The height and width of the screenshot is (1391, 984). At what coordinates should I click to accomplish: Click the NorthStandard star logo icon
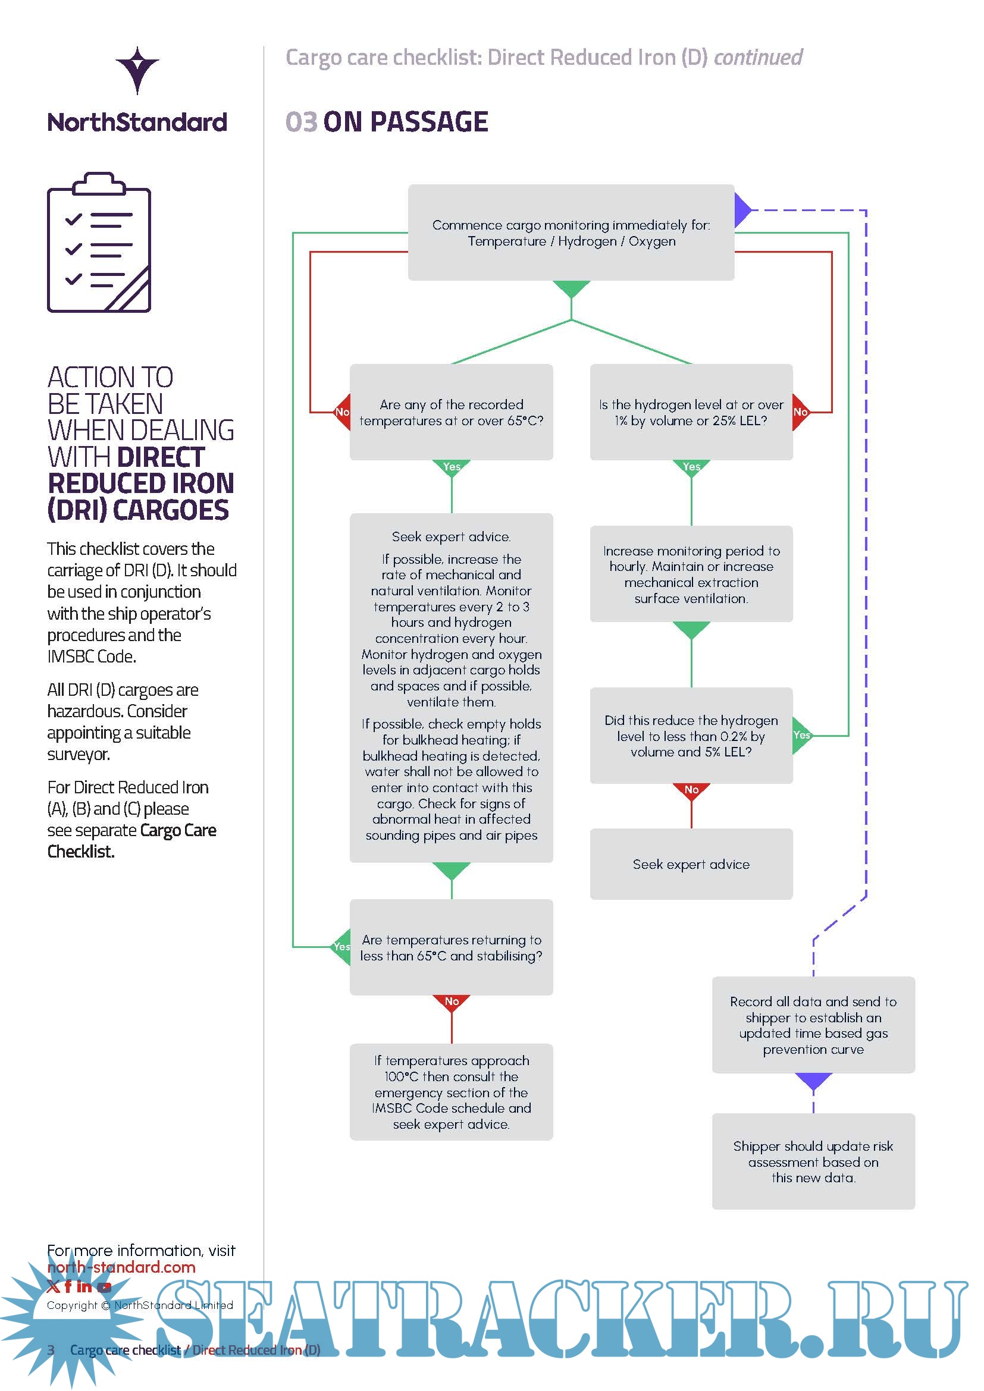tap(137, 70)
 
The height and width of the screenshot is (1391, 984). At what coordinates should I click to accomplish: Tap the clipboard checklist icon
tap(99, 242)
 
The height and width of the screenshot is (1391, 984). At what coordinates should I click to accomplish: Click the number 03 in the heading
tap(301, 122)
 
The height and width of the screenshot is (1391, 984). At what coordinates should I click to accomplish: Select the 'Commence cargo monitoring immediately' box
tap(571, 233)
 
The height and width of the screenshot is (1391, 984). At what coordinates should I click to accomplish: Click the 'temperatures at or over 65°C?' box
tap(451, 412)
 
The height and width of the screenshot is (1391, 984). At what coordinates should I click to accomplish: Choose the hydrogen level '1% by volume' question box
tap(691, 412)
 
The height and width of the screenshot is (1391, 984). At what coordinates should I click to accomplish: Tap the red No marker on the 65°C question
tap(343, 412)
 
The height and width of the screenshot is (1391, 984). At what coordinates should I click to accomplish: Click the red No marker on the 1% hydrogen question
tap(800, 412)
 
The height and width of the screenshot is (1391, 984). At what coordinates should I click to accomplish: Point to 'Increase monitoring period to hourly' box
tap(691, 574)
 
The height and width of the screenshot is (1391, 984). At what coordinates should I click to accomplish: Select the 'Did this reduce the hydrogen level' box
tap(691, 736)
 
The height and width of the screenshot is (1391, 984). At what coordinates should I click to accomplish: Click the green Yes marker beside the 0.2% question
tap(801, 736)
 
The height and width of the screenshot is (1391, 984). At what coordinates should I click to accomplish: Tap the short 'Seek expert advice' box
tap(691, 864)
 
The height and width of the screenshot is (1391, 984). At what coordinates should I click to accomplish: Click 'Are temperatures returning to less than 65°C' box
tap(451, 947)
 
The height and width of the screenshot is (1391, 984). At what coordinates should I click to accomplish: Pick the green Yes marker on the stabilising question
tap(341, 946)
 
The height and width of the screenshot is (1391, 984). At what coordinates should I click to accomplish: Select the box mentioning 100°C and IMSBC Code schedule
tap(451, 1092)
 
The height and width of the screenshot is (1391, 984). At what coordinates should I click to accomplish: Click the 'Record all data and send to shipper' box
tap(813, 1025)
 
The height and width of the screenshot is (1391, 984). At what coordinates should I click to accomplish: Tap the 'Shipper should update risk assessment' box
tap(813, 1161)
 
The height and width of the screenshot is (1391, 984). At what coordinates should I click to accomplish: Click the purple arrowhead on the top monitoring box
tap(742, 210)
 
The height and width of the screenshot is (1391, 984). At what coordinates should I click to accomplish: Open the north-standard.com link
tap(121, 1267)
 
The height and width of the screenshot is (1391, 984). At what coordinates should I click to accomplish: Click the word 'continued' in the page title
tap(758, 58)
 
